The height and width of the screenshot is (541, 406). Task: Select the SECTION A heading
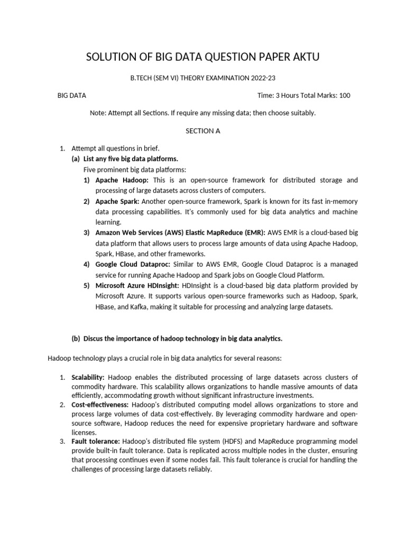pyautogui.click(x=202, y=131)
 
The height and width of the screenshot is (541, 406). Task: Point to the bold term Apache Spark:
pyautogui.click(x=117, y=202)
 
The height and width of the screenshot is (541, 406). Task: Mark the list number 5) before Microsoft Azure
pyautogui.click(x=86, y=285)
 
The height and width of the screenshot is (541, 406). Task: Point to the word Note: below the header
pyautogui.click(x=99, y=113)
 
